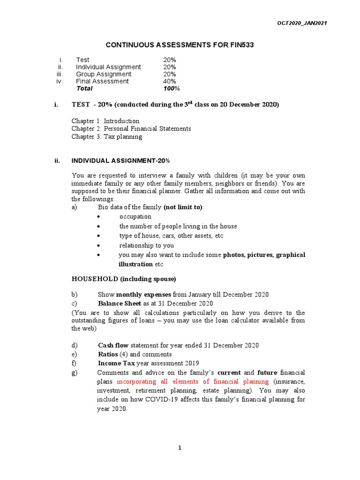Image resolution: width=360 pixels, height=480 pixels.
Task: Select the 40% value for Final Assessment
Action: (x=170, y=81)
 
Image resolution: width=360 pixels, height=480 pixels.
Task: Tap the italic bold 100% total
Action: (x=172, y=88)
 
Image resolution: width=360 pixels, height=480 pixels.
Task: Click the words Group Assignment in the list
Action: (x=104, y=74)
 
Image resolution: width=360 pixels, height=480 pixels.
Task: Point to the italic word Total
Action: (x=84, y=88)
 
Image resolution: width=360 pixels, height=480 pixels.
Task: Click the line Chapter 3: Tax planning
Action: (x=107, y=137)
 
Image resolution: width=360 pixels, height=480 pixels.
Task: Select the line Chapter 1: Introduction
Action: (x=105, y=121)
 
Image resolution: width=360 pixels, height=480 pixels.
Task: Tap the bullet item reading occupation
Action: (x=135, y=217)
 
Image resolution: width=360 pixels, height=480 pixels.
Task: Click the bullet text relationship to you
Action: (x=147, y=245)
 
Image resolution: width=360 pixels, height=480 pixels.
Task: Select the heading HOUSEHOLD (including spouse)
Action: (x=124, y=279)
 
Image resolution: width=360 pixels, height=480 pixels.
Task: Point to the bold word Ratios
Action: (x=108, y=354)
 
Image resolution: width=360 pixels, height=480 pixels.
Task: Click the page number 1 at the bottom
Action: (x=180, y=448)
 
